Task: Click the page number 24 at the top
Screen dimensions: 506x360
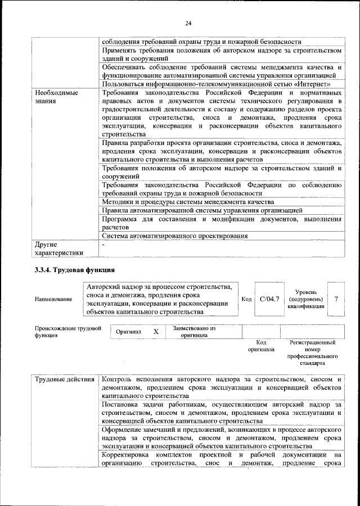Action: tap(188, 22)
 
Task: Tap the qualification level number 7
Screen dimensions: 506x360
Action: tap(336, 299)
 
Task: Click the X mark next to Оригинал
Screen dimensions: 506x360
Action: tap(156, 332)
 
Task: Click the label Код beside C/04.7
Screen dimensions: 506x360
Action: tap(246, 299)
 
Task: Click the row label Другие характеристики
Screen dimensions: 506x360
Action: tap(58, 249)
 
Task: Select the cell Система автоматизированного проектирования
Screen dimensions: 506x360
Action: tap(175, 236)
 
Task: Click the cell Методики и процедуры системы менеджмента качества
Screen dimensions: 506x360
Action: tap(188, 201)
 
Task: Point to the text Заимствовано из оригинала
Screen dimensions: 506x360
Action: tap(195, 332)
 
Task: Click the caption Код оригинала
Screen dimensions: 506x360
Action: tap(261, 345)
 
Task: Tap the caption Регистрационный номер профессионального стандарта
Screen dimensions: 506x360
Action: tap(312, 353)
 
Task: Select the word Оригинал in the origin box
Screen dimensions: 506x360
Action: tap(128, 332)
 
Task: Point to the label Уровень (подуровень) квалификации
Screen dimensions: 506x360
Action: tap(307, 299)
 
